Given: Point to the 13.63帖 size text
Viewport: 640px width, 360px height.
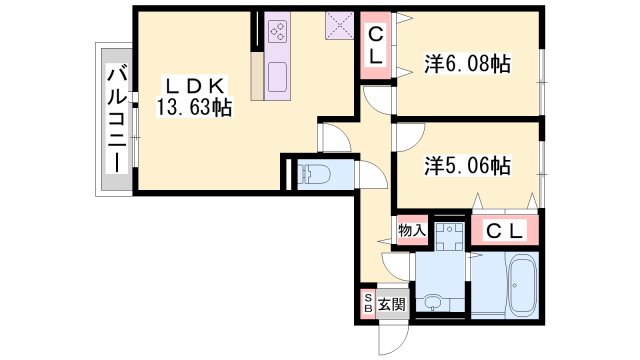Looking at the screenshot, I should pos(193,107).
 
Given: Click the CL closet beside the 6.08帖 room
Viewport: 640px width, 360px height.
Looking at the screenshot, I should pos(376,46).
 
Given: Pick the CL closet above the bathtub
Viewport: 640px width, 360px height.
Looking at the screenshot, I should pos(505,231).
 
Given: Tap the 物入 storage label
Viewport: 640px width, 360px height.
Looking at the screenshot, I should pos(412,231).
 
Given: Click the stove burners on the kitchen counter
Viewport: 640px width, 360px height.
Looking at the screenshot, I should pos(277,31).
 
